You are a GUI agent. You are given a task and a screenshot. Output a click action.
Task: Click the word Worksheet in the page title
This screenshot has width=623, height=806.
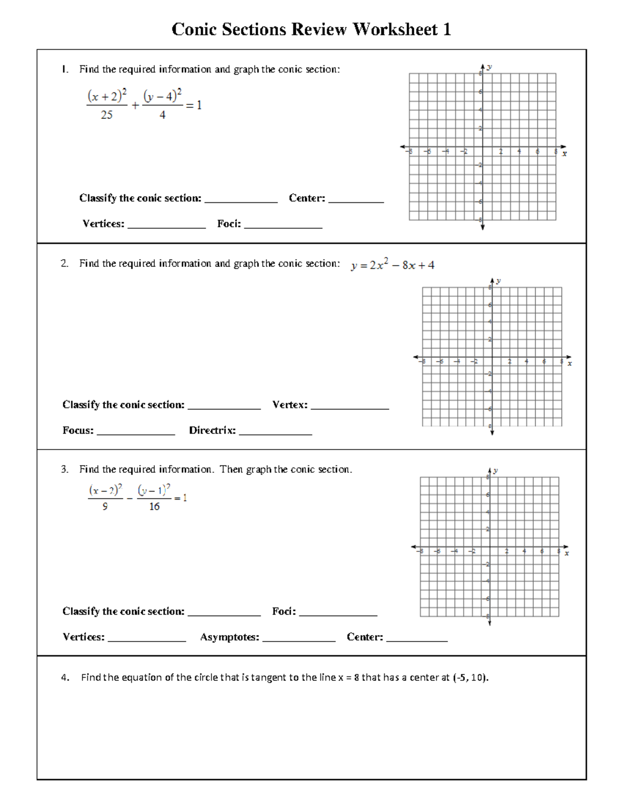(395, 30)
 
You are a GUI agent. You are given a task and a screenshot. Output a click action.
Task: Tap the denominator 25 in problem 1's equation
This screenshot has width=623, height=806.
(106, 115)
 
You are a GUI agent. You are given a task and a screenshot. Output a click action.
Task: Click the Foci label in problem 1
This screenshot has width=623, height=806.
(229, 224)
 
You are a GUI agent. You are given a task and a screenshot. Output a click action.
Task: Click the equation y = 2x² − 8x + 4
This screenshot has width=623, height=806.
(392, 265)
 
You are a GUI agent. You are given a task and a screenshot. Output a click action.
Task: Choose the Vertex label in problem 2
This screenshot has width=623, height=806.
(290, 405)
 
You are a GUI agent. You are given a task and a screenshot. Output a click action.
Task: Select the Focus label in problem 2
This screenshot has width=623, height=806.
(78, 431)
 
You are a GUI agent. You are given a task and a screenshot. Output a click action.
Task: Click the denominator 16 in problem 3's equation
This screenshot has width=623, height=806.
(154, 507)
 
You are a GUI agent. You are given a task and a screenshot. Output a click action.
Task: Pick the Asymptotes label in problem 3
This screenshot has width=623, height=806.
(229, 637)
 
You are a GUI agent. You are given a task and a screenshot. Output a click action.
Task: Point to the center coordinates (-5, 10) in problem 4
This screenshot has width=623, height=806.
(470, 678)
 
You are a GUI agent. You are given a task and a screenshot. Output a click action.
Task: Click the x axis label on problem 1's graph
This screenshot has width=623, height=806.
(565, 154)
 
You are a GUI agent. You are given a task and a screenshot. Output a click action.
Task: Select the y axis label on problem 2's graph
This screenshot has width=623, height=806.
(498, 281)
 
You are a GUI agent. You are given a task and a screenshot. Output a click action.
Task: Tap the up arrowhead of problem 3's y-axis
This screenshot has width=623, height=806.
(489, 469)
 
